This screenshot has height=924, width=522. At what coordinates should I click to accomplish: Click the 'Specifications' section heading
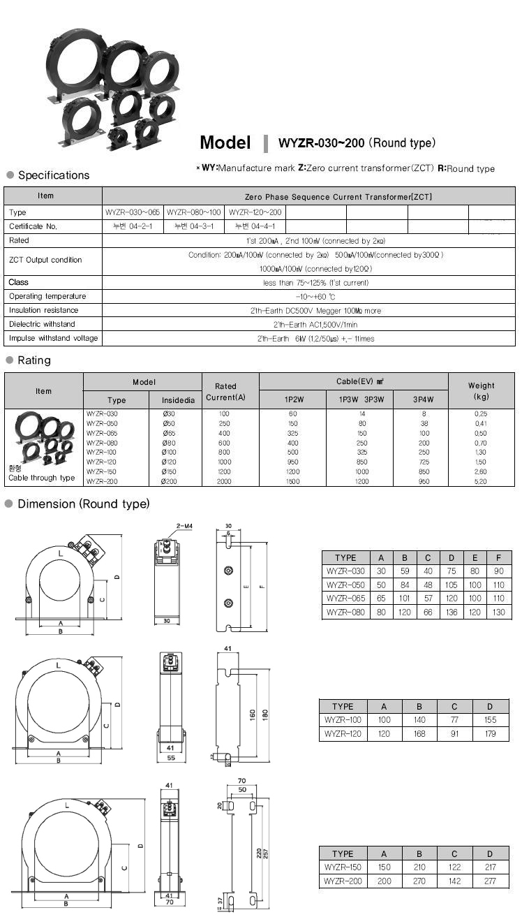(54, 175)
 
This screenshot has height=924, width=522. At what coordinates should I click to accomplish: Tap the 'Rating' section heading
(34, 360)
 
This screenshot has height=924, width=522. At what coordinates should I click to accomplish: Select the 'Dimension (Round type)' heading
(83, 504)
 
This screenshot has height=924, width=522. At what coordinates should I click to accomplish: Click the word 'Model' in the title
(225, 142)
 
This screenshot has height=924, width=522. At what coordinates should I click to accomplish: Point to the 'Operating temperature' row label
(48, 296)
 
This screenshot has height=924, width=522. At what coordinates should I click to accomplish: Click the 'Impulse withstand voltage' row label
(54, 338)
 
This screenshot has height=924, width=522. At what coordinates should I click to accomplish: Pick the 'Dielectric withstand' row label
(42, 324)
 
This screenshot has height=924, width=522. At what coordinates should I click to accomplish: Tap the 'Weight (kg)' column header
(481, 391)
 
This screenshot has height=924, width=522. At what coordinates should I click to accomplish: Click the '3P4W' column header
(424, 400)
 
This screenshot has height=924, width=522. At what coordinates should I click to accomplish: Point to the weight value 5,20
(481, 481)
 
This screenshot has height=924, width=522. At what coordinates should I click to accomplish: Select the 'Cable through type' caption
(42, 478)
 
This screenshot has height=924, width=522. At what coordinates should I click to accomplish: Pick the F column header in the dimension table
(499, 557)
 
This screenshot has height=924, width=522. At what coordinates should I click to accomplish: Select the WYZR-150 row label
(343, 867)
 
